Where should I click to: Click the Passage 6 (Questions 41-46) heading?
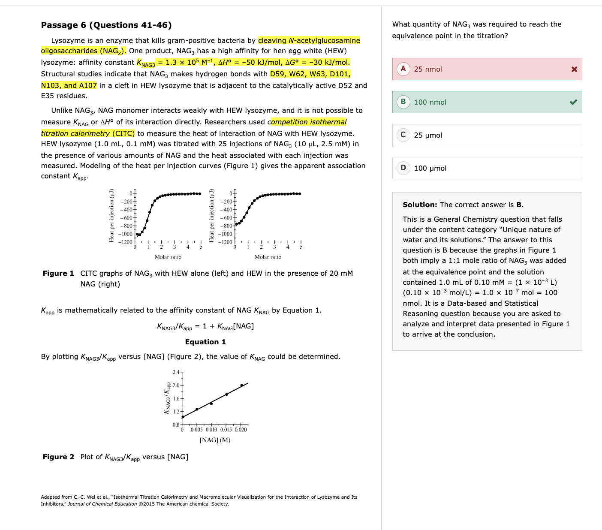pos(106,25)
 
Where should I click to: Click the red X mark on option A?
pos(574,69)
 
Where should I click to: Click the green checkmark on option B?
pos(573,102)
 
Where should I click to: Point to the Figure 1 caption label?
pos(58,273)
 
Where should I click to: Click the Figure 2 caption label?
pos(58,457)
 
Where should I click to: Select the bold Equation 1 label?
pos(205,342)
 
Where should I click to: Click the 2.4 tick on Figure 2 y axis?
pos(176,372)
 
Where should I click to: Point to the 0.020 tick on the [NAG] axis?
pos(241,430)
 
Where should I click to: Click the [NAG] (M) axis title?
pos(215,440)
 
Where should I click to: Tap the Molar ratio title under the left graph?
pos(168,257)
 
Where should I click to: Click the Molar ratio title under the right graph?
pos(268,257)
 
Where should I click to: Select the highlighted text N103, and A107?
pos(69,85)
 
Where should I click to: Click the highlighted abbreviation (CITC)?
pos(123,133)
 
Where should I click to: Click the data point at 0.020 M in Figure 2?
pos(242,385)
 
